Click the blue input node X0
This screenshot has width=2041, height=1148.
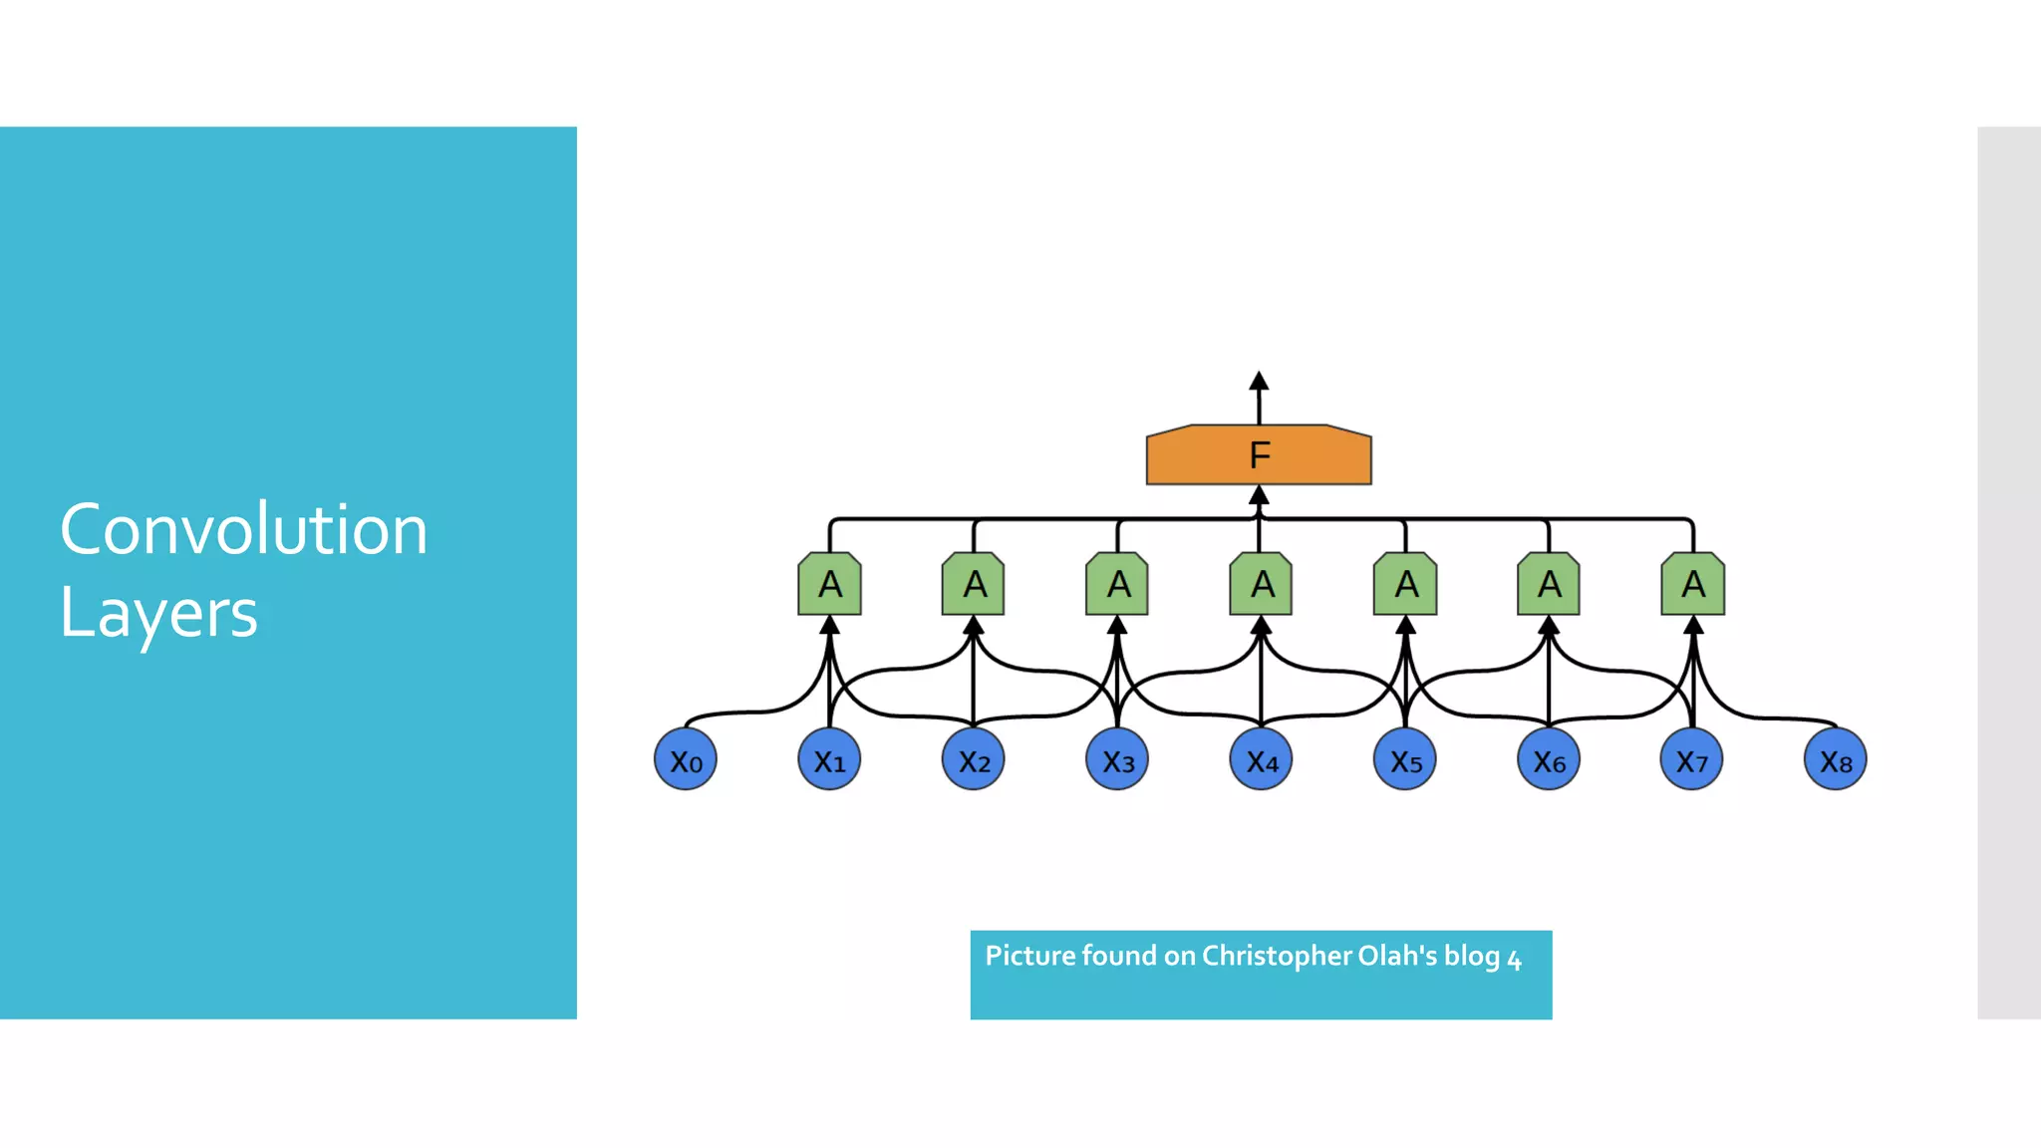pyautogui.click(x=686, y=760)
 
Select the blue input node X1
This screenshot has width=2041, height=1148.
pyautogui.click(x=829, y=760)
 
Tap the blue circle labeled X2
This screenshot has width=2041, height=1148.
pyautogui.click(x=974, y=760)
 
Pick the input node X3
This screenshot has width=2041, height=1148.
pyautogui.click(x=1117, y=760)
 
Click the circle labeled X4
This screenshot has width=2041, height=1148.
pyautogui.click(x=1262, y=760)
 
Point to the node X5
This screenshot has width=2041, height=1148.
pyautogui.click(x=1405, y=760)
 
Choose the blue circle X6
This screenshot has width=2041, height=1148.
pyautogui.click(x=1549, y=760)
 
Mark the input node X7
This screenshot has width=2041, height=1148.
pyautogui.click(x=1692, y=760)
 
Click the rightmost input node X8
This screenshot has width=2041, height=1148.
pyautogui.click(x=1836, y=760)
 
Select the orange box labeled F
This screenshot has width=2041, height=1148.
pyautogui.click(x=1259, y=455)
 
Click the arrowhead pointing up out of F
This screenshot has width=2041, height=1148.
pyautogui.click(x=1259, y=382)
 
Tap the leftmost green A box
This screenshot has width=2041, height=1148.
pyautogui.click(x=830, y=584)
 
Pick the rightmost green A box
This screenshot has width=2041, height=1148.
pyautogui.click(x=1693, y=584)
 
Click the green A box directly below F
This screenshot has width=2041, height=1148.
pyautogui.click(x=1262, y=584)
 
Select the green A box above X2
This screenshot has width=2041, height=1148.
pyautogui.click(x=974, y=584)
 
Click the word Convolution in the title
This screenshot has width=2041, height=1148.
pyautogui.click(x=244, y=529)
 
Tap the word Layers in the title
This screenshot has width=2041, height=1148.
pyautogui.click(x=159, y=613)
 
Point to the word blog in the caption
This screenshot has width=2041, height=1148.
pyautogui.click(x=1472, y=956)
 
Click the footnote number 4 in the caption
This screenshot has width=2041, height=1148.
pyautogui.click(x=1514, y=961)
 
